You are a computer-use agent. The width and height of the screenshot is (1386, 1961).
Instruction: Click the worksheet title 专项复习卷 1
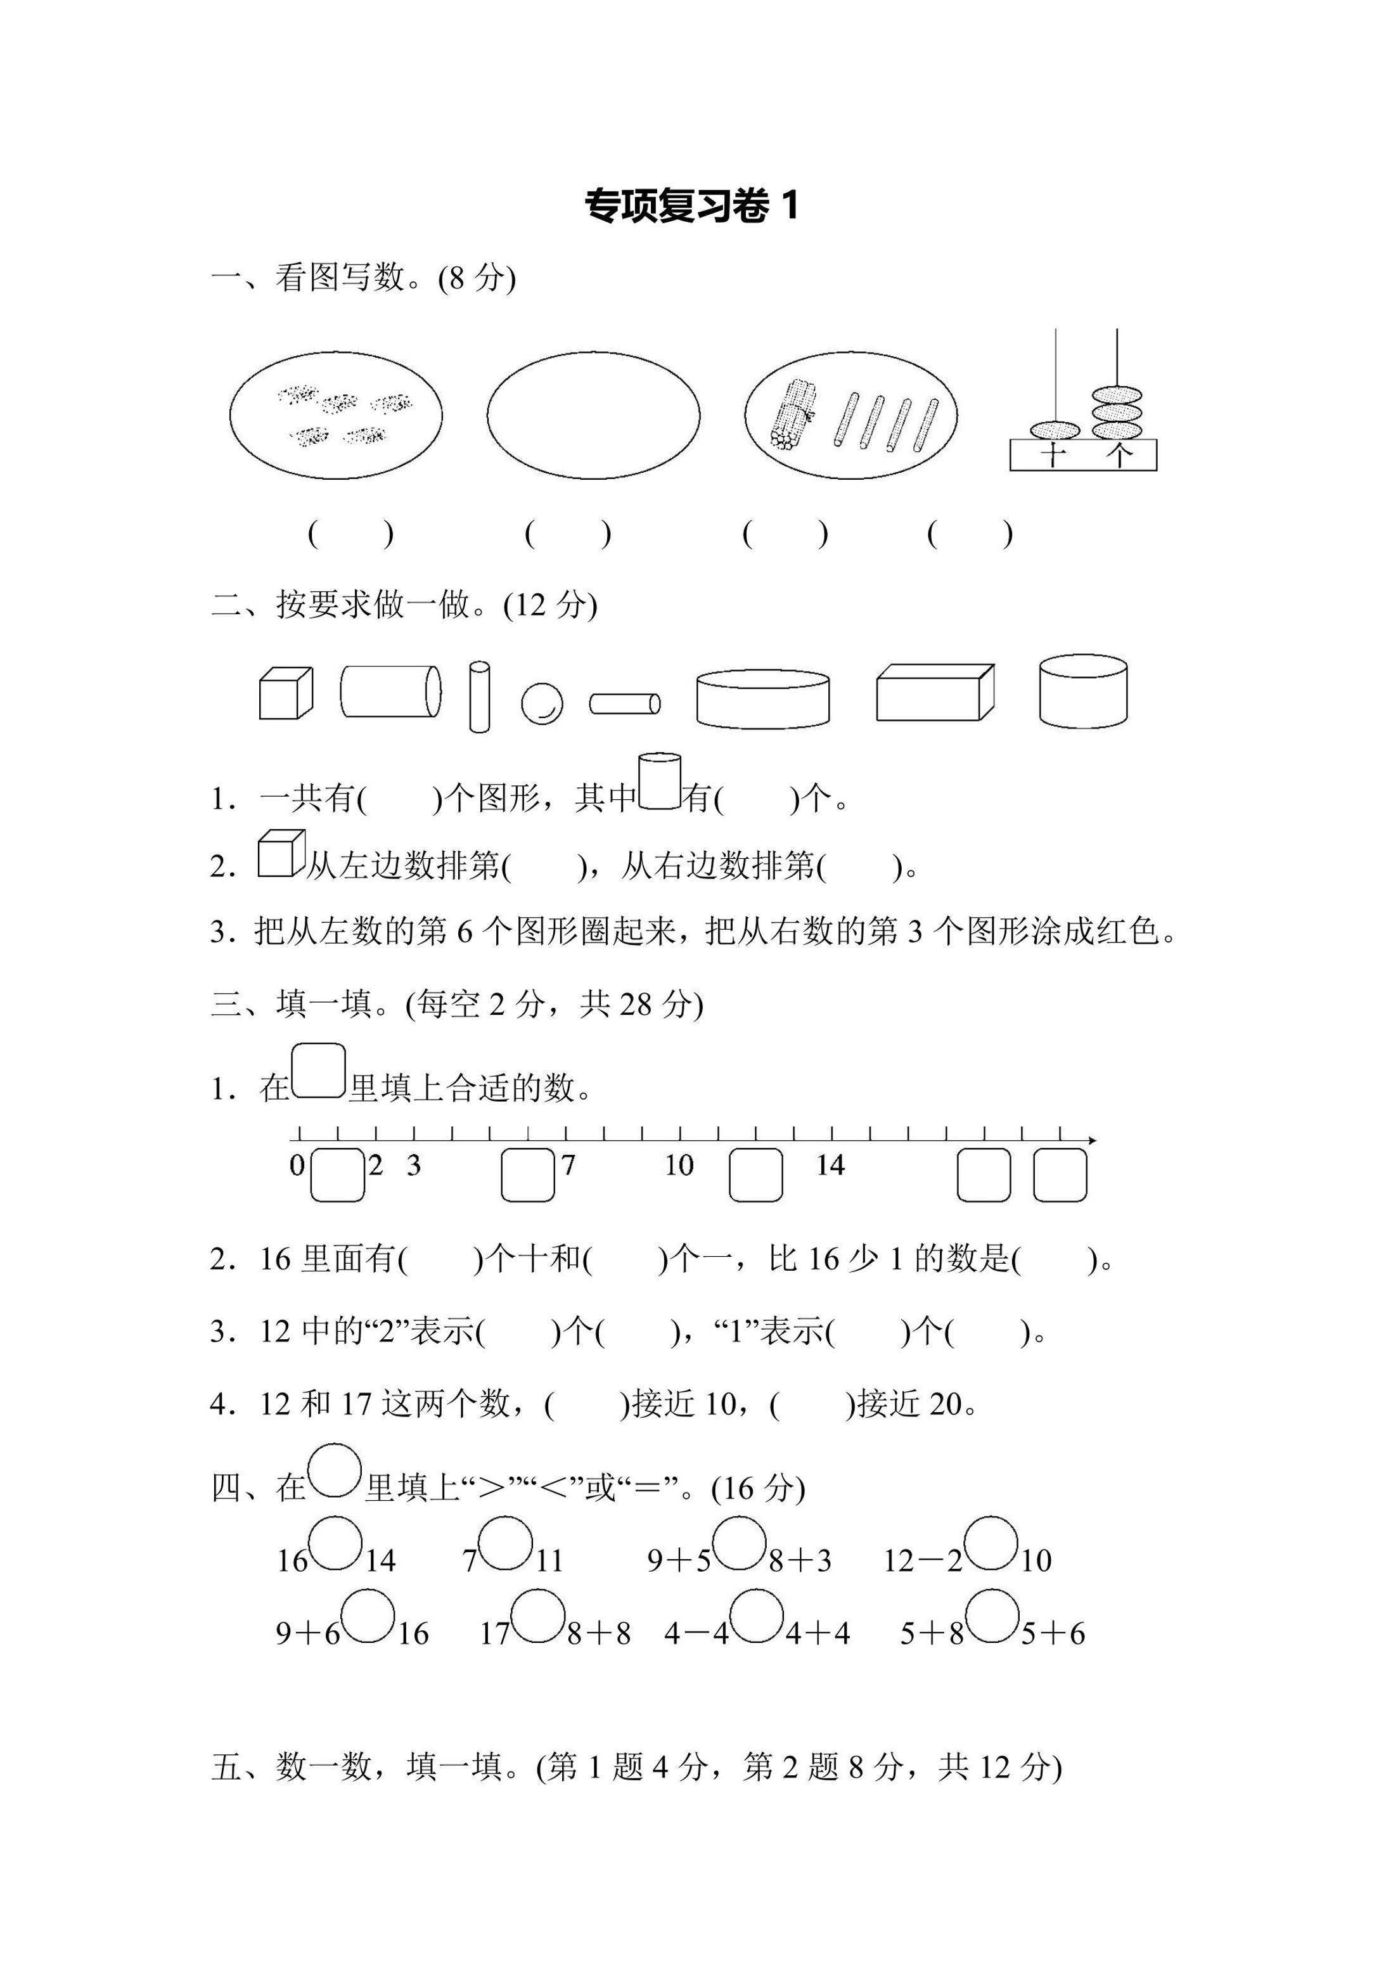point(691,206)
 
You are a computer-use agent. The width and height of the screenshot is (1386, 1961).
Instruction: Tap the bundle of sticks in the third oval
point(792,415)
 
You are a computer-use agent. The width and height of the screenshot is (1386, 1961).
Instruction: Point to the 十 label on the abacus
point(1054,454)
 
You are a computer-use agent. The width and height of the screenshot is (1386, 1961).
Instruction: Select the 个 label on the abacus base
point(1118,454)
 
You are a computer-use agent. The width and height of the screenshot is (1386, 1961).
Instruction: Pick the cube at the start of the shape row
point(285,693)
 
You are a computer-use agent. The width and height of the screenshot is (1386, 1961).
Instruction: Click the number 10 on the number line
point(679,1165)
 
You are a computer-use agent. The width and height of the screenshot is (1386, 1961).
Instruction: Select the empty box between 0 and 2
point(337,1175)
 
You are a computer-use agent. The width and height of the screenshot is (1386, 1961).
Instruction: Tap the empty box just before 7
point(528,1175)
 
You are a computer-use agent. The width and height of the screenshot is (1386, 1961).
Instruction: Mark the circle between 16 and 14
point(336,1543)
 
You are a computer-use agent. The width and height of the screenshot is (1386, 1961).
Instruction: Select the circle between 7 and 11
point(506,1543)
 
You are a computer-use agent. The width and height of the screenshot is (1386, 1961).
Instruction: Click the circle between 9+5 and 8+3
point(739,1543)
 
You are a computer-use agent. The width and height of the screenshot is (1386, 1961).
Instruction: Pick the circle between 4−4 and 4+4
point(757,1616)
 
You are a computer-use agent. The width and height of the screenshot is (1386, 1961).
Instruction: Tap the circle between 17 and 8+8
point(538,1616)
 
